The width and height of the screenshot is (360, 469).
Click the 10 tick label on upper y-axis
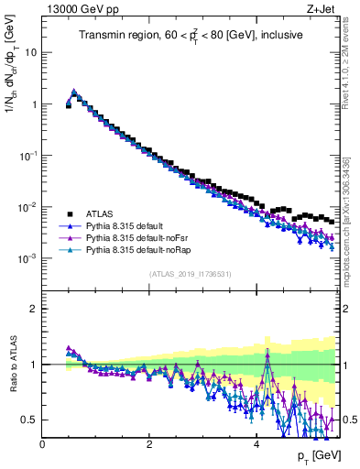pos(31,52)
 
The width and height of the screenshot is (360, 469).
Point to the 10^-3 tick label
pos(27,259)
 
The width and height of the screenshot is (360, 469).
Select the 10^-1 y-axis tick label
pos(27,156)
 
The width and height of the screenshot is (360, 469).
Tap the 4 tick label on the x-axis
pos(256,444)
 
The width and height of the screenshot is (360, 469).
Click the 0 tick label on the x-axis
pos(42,444)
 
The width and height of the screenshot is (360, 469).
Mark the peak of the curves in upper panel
pos(73,92)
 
